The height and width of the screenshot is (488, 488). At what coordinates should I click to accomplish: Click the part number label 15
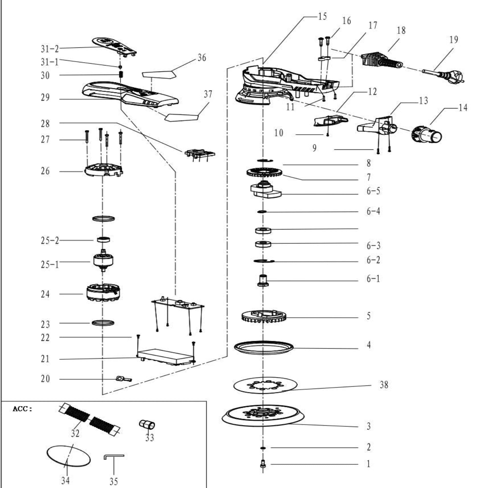tap(322, 17)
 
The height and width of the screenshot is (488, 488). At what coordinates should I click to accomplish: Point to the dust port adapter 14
tap(427, 135)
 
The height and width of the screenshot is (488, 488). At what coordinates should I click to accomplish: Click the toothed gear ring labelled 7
tap(264, 173)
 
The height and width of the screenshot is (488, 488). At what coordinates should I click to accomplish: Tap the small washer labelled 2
tap(263, 448)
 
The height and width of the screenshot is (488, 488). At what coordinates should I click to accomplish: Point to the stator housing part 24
tap(103, 293)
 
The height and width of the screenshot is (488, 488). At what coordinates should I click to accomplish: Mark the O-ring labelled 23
tap(103, 323)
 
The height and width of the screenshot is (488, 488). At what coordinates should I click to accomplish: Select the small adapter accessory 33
tap(147, 424)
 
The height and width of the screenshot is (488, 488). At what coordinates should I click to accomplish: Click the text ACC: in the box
tap(22, 409)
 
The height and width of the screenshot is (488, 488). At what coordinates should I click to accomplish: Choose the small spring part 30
tap(121, 75)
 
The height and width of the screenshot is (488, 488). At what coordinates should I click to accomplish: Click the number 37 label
tap(208, 94)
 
